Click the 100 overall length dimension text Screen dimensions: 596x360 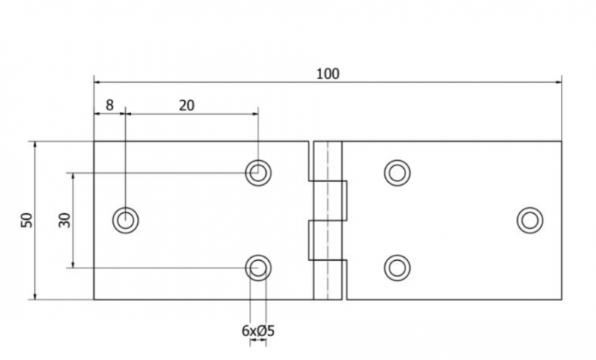point(328,74)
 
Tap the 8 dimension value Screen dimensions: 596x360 point(110,105)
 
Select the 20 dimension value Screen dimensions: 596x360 point(187,105)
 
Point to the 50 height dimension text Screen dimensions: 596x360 point(27,220)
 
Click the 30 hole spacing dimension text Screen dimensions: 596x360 point(65,220)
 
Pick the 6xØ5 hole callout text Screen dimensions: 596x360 point(258,331)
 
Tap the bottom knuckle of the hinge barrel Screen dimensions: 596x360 point(327,280)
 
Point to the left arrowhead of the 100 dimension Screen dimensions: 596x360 point(98,82)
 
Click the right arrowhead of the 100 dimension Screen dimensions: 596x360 point(558,82)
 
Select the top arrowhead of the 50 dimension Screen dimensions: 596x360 point(34,145)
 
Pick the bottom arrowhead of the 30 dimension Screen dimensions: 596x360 point(72,265)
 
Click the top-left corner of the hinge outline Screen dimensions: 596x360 point(94,142)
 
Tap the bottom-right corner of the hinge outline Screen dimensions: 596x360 point(562,300)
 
